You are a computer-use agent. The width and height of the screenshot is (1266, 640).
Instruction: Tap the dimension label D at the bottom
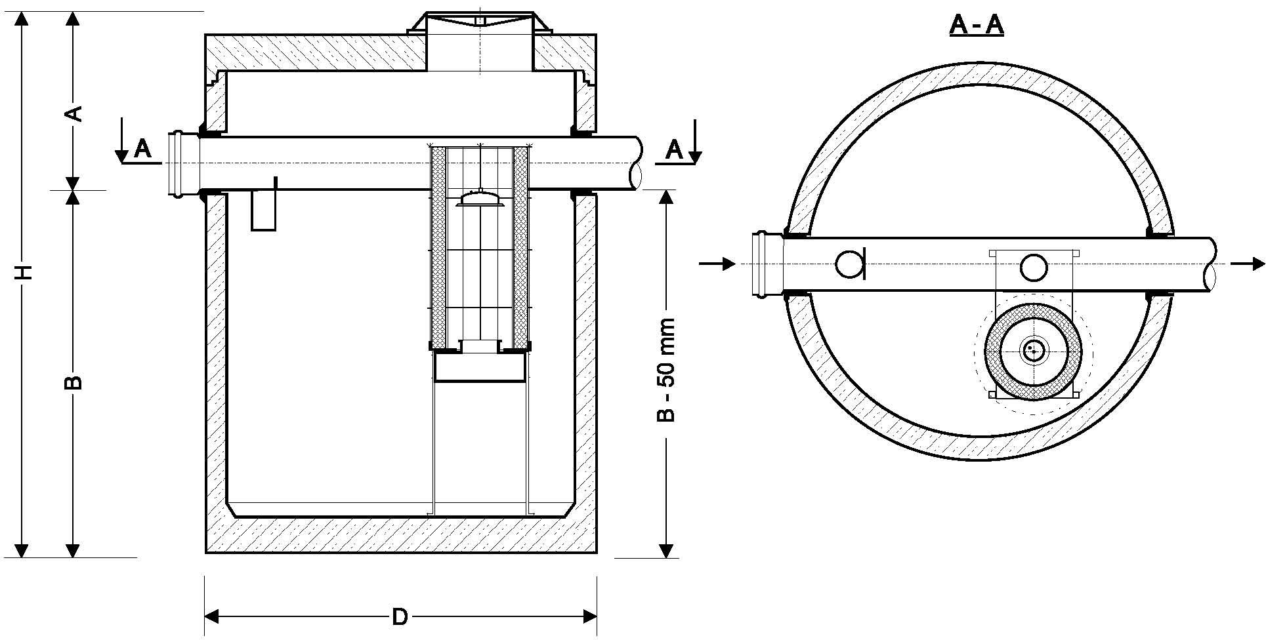coord(400,617)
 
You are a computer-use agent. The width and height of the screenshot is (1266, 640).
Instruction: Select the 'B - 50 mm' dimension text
coord(667,370)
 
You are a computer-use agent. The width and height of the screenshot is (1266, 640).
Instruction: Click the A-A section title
coord(977,26)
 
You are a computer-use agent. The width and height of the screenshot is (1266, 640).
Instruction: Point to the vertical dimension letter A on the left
coord(75,113)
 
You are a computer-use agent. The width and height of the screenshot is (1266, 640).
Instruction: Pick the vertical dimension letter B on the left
coord(74,382)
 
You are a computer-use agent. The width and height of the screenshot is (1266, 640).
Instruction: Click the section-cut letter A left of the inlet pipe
coord(142,150)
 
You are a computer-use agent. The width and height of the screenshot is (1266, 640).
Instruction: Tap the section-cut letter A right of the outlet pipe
coord(674,150)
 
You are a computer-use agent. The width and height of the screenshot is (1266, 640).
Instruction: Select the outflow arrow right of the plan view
coord(1247,264)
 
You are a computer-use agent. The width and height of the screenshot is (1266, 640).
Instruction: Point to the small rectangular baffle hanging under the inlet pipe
coord(264,209)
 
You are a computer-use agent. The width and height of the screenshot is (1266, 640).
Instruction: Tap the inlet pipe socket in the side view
coord(176,163)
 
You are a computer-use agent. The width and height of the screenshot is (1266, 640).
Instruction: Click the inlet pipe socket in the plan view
coord(767,264)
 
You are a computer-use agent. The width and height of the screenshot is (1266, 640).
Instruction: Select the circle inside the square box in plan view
coord(1033,267)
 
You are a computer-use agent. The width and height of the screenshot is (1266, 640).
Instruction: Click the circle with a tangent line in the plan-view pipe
coord(849,264)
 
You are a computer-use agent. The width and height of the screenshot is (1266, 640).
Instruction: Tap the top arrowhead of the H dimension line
coord(24,18)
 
